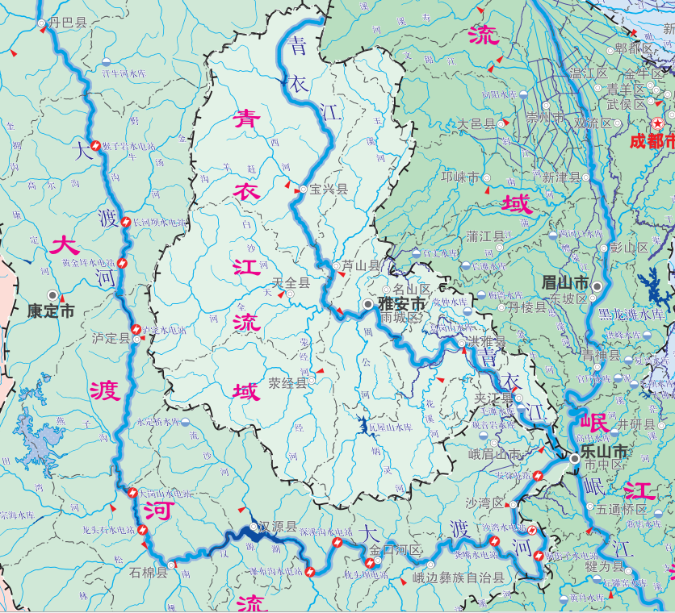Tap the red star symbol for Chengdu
(658, 123)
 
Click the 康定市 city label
(50, 311)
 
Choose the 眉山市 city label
(564, 282)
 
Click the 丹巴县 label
(68, 23)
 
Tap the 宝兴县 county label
(329, 190)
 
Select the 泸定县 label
(111, 338)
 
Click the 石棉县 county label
(148, 573)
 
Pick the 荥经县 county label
(288, 383)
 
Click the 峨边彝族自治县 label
(459, 578)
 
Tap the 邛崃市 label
(460, 177)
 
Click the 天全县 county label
(291, 282)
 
